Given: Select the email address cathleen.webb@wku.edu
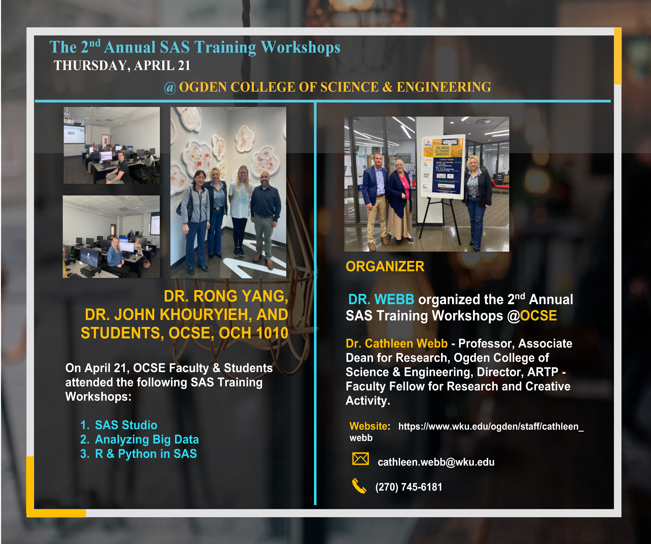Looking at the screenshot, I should click(436, 462).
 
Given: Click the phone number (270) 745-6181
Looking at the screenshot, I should click(409, 487).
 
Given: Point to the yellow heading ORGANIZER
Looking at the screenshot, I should click(385, 266).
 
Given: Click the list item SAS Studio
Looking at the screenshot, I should click(126, 425).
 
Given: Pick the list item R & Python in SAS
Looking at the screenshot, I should click(146, 454).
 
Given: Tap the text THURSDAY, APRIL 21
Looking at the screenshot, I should click(122, 65).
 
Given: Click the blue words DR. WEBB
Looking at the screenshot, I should click(381, 299).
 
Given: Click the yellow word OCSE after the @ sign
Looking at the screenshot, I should click(538, 316).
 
